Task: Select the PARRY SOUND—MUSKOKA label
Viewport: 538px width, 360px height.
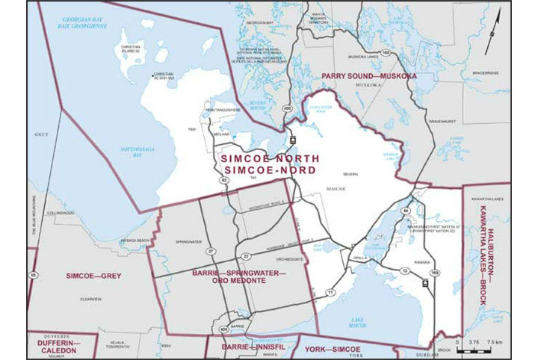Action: [x=368, y=77]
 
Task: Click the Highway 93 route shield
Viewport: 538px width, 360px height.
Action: [x=223, y=179]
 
